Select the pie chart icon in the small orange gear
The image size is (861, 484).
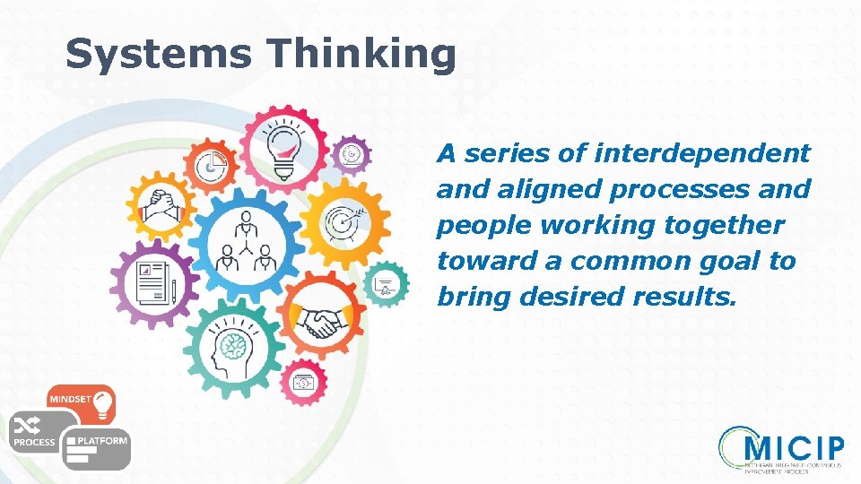pyautogui.click(x=213, y=165)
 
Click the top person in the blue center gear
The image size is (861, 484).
pyautogui.click(x=245, y=221)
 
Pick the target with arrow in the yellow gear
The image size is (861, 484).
pyautogui.click(x=344, y=220)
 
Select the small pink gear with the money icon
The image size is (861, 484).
pyautogui.click(x=304, y=383)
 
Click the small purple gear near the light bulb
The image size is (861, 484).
pyautogui.click(x=352, y=155)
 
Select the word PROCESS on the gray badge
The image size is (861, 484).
pyautogui.click(x=33, y=442)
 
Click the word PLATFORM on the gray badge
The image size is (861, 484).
pyautogui.click(x=102, y=441)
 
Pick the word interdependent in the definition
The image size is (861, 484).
pyautogui.click(x=700, y=153)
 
